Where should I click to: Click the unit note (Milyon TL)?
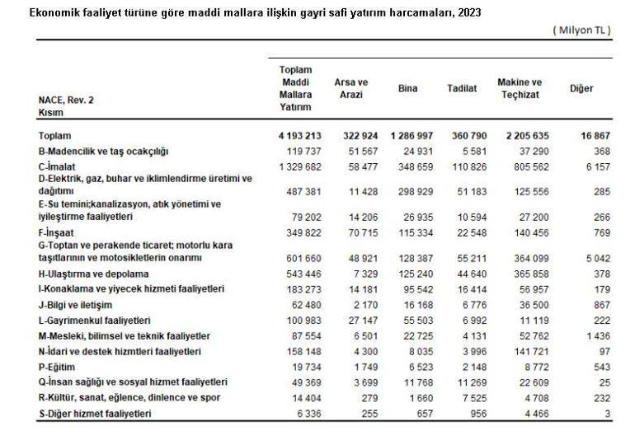pos(581,30)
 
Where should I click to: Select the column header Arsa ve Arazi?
pos(350,88)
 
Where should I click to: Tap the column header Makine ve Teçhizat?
pos(520,88)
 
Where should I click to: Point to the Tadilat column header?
pos(462,88)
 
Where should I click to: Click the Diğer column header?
pos(581,88)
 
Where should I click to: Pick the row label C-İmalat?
pos(60,166)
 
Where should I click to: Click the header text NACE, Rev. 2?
pos(66,100)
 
